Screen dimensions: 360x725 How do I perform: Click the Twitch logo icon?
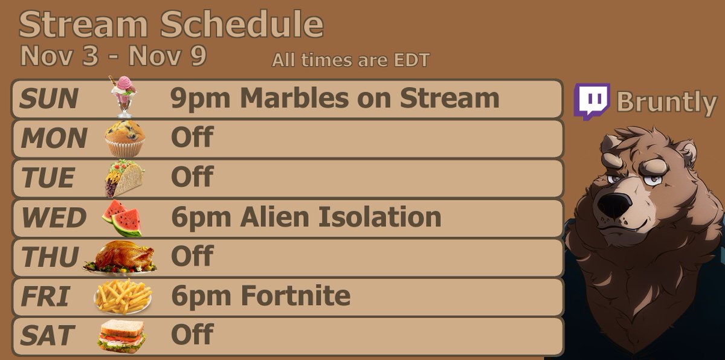click(591, 101)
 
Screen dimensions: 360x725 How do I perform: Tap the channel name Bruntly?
click(666, 103)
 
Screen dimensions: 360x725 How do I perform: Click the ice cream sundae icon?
click(124, 97)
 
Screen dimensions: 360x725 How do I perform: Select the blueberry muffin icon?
click(125, 138)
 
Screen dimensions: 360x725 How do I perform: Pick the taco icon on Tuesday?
click(124, 178)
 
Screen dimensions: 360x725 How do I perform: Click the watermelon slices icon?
click(122, 219)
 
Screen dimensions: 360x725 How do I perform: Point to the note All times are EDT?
click(350, 60)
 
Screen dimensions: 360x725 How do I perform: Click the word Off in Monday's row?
click(192, 138)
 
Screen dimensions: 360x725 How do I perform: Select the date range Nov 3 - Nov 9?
click(113, 56)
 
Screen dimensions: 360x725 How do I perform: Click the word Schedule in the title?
click(242, 25)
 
